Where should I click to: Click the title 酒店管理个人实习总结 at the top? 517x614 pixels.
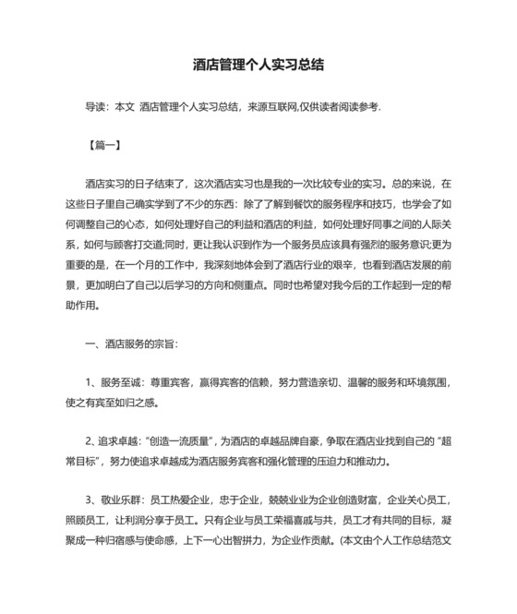[x=258, y=66]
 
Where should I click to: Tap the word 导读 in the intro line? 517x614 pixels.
[x=96, y=108]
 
